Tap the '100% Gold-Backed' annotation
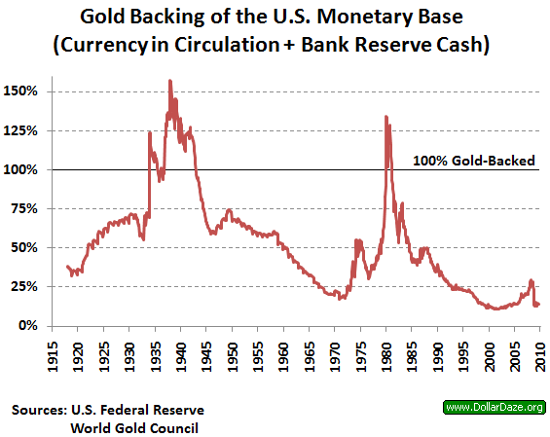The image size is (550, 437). [x=474, y=161]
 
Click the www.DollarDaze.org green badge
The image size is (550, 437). [x=493, y=406]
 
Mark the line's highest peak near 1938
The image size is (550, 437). [x=170, y=81]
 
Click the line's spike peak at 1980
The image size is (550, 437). [x=386, y=117]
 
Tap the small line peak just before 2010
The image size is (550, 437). [x=531, y=280]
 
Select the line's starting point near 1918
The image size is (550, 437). [x=66, y=266]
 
